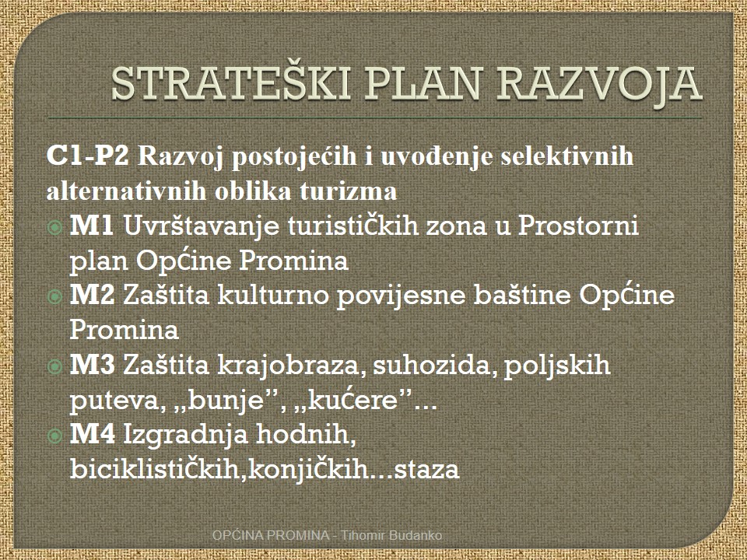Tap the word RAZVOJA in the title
pos(599,85)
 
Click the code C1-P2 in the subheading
pos(88,156)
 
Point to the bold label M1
pos(92,226)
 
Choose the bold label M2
pos(93,295)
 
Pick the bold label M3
pos(93,365)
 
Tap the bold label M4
pos(93,434)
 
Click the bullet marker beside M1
pos(55,228)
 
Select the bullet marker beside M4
pos(55,436)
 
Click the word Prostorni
pos(578,226)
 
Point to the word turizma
pos(349,191)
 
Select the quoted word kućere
pos(353,401)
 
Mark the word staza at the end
pos(427,469)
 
